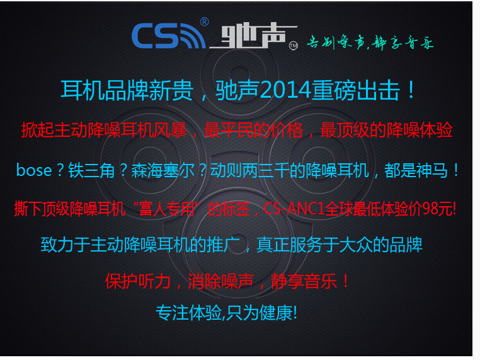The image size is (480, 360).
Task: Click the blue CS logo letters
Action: point(156,36)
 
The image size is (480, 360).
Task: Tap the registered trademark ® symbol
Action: point(205,22)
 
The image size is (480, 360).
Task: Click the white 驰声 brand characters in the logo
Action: point(253,36)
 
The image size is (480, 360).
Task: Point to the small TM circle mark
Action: point(294,45)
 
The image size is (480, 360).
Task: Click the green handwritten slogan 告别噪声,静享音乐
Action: point(370,42)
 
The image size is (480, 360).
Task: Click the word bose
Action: point(34,170)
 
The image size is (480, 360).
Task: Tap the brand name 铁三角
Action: point(91,170)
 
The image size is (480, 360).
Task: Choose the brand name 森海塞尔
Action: point(163,170)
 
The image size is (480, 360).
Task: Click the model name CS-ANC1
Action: point(294,209)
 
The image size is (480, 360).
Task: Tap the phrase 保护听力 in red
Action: point(138,281)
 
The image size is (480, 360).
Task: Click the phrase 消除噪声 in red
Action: point(220,281)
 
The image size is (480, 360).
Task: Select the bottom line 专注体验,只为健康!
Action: point(227,313)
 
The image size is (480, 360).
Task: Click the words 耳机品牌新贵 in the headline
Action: point(127,91)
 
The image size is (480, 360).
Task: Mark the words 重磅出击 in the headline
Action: point(356,91)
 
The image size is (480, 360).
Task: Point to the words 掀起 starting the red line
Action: point(38,131)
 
